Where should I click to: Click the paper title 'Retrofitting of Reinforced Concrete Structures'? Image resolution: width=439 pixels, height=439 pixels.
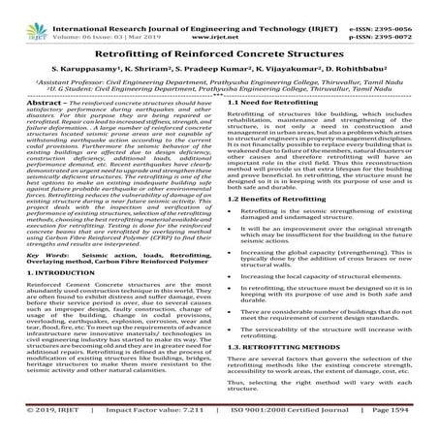[219, 57]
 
